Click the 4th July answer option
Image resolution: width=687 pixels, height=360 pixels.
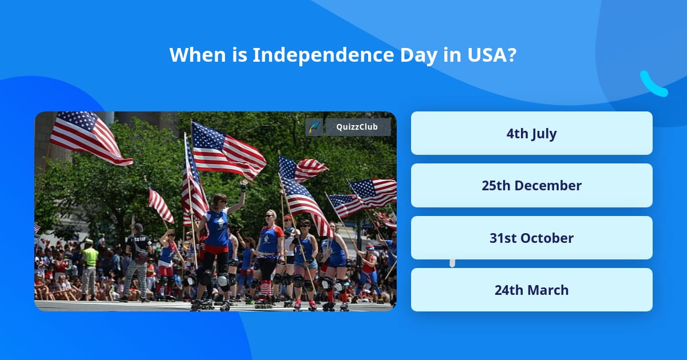[x=531, y=134]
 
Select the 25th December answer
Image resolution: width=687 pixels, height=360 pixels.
[x=531, y=186]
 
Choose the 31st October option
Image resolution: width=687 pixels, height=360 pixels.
[x=531, y=238]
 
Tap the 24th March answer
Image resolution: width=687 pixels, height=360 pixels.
[x=531, y=290]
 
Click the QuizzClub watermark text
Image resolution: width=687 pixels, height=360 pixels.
[x=358, y=127]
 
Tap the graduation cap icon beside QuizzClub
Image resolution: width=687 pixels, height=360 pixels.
[x=314, y=127]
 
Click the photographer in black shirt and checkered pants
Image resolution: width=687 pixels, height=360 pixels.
[x=137, y=260]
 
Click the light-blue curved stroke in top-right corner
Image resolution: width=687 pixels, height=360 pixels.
[x=653, y=85]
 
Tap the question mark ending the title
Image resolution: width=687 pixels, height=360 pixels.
[x=512, y=55]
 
